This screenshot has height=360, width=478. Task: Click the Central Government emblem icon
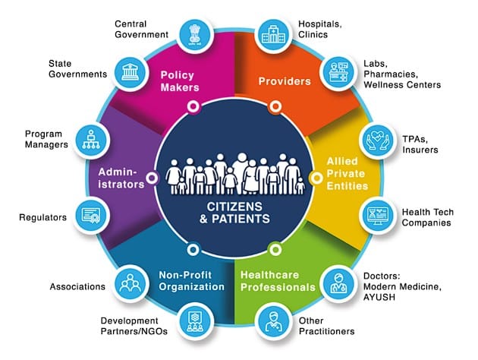(x=195, y=35)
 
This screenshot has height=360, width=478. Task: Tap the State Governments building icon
(x=131, y=73)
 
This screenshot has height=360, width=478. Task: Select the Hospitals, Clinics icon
(x=273, y=35)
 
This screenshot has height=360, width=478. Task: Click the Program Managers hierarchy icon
(x=91, y=141)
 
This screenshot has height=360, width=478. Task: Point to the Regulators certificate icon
(x=91, y=215)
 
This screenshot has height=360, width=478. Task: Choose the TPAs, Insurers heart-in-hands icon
(x=377, y=141)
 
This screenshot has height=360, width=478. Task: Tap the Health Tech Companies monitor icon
(x=377, y=215)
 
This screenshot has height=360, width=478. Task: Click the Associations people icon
(x=131, y=283)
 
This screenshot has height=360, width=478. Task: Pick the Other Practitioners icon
(x=273, y=322)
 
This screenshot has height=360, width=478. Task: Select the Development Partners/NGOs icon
(x=195, y=322)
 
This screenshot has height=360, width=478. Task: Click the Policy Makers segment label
(x=180, y=81)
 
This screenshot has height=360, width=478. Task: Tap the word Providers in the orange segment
(x=285, y=81)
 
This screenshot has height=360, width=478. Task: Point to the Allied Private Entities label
(x=347, y=173)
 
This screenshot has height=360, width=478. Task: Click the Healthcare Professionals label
(x=278, y=281)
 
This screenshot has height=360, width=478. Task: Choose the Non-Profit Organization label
(x=191, y=281)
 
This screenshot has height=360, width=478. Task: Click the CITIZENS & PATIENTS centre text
(x=234, y=213)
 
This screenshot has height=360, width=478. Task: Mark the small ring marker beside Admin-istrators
(x=152, y=178)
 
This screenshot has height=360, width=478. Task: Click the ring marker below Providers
(x=275, y=106)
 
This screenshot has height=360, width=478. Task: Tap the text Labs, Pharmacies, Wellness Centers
(x=402, y=74)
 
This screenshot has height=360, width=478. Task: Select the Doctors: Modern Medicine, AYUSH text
(x=402, y=286)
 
